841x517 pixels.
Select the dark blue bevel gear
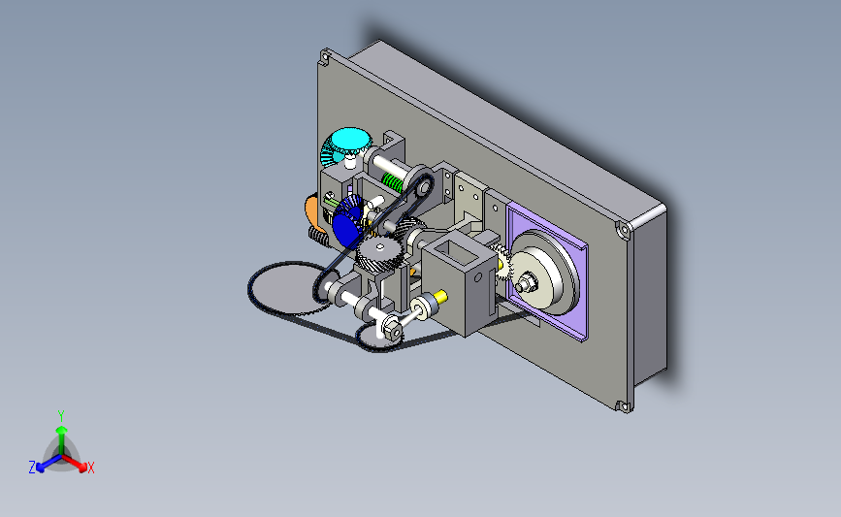tap(346, 222)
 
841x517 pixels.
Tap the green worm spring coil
tap(392, 182)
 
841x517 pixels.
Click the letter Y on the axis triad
tap(60, 416)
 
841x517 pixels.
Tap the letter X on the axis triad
tap(90, 468)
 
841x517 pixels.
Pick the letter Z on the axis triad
tap(32, 468)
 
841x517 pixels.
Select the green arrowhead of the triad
tap(61, 430)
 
